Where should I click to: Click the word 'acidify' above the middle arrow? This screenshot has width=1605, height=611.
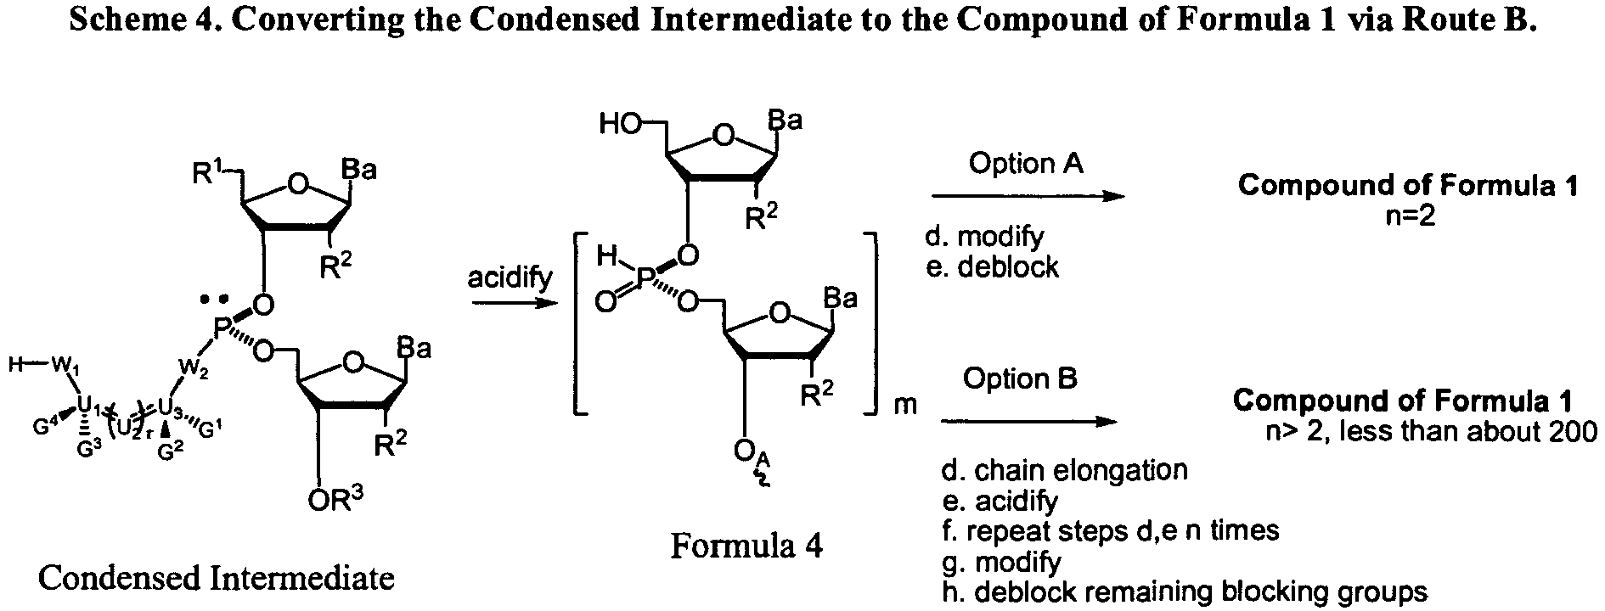(x=510, y=277)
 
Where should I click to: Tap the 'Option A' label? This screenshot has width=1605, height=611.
(x=1026, y=163)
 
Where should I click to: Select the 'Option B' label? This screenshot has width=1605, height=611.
(x=1020, y=378)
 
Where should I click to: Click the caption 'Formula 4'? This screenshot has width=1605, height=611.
(x=746, y=546)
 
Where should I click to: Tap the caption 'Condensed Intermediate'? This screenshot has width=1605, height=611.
(x=217, y=579)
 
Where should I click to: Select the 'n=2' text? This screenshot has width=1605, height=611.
(x=1409, y=217)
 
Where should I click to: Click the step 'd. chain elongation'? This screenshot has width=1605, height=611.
(x=1064, y=470)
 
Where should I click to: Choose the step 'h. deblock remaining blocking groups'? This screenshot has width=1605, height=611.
(x=1185, y=592)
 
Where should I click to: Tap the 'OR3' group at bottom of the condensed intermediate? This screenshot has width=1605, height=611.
(x=335, y=500)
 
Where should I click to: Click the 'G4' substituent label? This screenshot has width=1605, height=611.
(x=45, y=428)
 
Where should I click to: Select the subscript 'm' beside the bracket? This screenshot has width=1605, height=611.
(x=905, y=405)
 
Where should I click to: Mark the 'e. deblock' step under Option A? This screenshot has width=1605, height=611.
(x=992, y=267)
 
